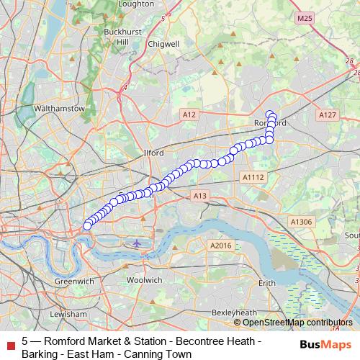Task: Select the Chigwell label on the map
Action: pyautogui.click(x=164, y=44)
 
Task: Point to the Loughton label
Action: pyautogui.click(x=137, y=4)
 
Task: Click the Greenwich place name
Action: pyautogui.click(x=73, y=281)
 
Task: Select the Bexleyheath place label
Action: pyautogui.click(x=235, y=312)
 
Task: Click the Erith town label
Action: pyautogui.click(x=267, y=284)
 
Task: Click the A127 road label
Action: pyautogui.click(x=327, y=114)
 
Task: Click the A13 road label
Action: pyautogui.click(x=201, y=195)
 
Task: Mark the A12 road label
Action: pyautogui.click(x=189, y=114)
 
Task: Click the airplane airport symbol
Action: pyautogui.click(x=138, y=242)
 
